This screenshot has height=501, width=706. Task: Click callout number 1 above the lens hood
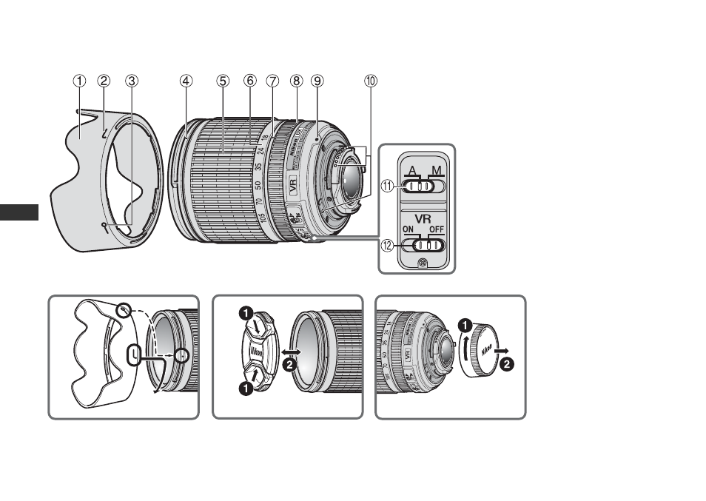pos(79,81)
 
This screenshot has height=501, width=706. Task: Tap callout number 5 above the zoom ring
pos(223,81)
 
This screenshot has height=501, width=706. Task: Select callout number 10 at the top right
pos(370,81)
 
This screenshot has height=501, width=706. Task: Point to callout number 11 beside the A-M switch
pos(386,187)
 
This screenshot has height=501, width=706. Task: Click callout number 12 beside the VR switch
pos(386,245)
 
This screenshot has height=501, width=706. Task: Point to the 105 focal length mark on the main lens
pos(265,220)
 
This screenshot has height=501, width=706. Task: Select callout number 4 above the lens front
pos(186,81)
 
